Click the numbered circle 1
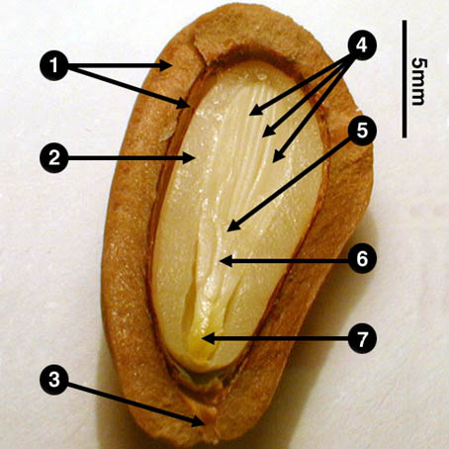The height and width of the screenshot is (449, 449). coord(54,66)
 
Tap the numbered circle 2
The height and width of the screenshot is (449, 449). coord(54,158)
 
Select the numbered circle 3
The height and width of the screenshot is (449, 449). coord(54,380)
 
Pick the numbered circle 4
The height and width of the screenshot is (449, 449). coord(362,45)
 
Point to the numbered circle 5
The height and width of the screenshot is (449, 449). coord(362,131)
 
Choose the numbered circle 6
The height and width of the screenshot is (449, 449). coord(362,259)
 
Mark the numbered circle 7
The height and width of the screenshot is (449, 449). coord(362,338)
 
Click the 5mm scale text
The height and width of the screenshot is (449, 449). coord(419,81)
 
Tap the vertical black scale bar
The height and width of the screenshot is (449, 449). coord(404,79)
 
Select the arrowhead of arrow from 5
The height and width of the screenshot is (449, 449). coord(232,226)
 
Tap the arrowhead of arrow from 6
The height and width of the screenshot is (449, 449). coord(226,261)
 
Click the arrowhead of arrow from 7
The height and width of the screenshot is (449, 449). coord(209,338)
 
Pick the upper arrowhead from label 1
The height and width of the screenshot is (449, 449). coord(166,65)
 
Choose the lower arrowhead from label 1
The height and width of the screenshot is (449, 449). coord(183,104)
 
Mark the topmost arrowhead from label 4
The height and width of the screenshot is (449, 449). coord(255,111)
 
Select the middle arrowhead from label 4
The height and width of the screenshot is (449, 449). coord(268,132)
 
